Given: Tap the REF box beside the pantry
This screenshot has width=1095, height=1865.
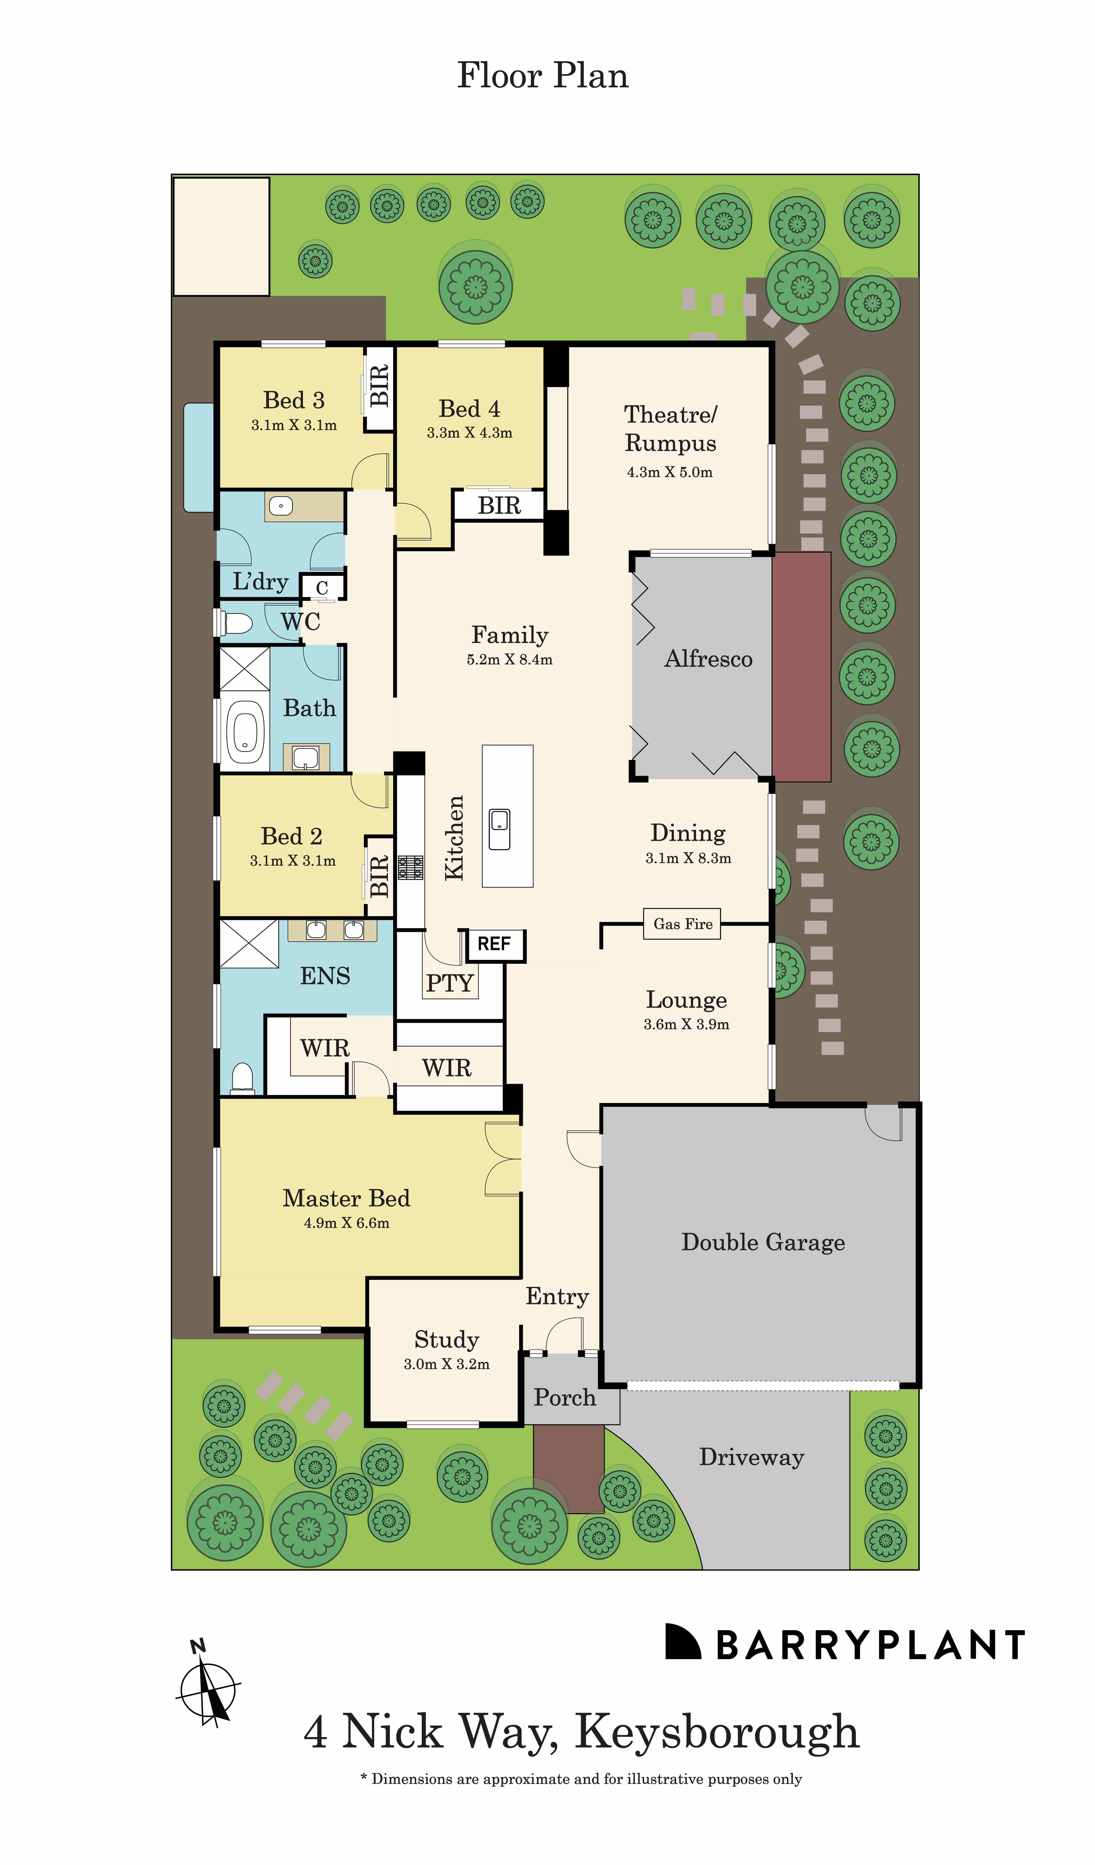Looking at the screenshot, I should (494, 944).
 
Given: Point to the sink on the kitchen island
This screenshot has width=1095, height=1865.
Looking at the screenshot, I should (500, 829).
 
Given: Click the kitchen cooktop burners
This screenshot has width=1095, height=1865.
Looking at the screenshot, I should (411, 867).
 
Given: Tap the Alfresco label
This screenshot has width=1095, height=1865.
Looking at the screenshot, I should (708, 659).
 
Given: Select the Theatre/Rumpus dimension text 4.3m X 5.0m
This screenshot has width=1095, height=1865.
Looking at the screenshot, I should (670, 472).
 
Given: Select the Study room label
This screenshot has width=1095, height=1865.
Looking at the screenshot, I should (446, 1340).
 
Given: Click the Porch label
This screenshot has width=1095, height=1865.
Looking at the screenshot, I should (565, 1397).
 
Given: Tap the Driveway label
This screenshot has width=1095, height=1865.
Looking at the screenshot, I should (751, 1456).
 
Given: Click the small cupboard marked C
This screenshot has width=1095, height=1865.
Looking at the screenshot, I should (322, 588).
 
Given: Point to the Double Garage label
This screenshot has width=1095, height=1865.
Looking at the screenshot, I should (763, 1242).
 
